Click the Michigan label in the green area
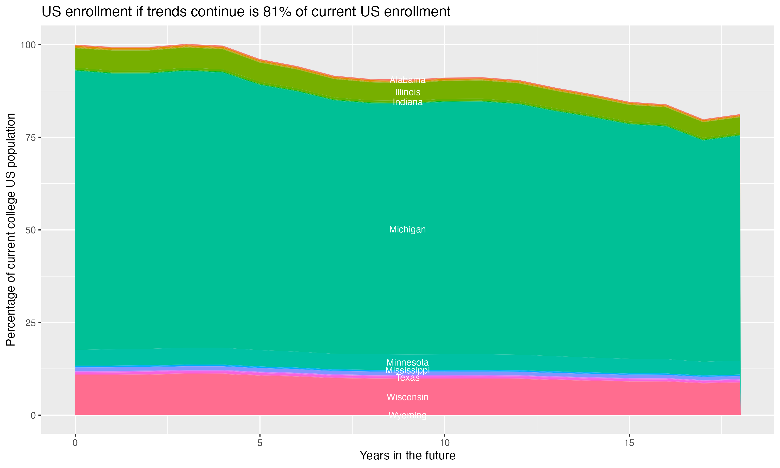click(407, 230)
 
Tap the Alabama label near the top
click(407, 80)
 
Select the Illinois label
click(407, 92)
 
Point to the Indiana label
click(407, 102)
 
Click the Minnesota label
click(407, 362)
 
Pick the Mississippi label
click(407, 370)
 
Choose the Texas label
click(407, 378)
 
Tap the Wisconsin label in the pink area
click(407, 397)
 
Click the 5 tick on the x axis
click(260, 443)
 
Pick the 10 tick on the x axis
click(444, 443)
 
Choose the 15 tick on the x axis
click(629, 443)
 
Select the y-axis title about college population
click(11, 230)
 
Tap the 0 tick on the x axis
click(75, 443)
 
